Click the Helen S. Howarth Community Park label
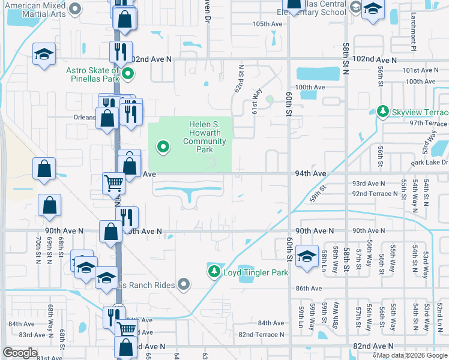pyautogui.click(x=204, y=137)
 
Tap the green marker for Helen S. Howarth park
pyautogui.click(x=163, y=146)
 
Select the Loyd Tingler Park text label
pyautogui.click(x=256, y=272)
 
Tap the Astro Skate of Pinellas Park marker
pyautogui.click(x=127, y=75)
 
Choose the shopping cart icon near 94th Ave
pyautogui.click(x=113, y=182)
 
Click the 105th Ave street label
pyautogui.click(x=267, y=24)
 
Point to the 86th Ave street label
pyautogui.click(x=309, y=289)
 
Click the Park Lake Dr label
pyautogui.click(x=429, y=163)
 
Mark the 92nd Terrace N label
pyautogui.click(x=375, y=194)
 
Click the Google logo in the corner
pyautogui.click(x=20, y=353)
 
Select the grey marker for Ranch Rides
pyautogui.click(x=184, y=285)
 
